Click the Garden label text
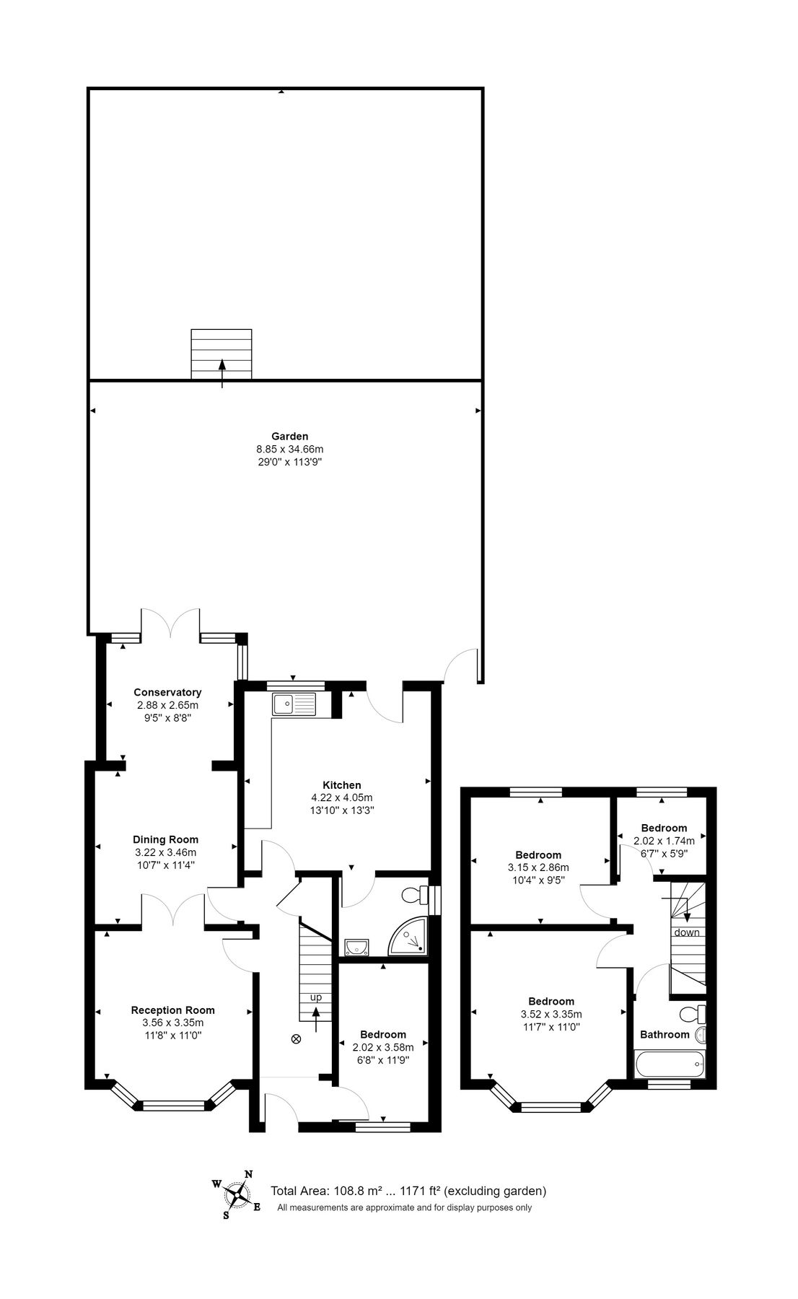point(289,436)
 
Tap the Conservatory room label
point(167,692)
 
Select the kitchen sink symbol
point(294,704)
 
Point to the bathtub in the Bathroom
point(669,1064)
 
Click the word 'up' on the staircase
point(316,997)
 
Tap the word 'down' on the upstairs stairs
point(687,932)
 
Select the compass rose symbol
point(237,1195)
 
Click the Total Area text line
point(408,1191)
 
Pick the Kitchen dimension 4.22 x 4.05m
point(341,797)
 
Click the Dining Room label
point(165,839)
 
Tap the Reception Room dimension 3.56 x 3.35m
point(172,1023)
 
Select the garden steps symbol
point(222,354)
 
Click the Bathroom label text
point(665,1034)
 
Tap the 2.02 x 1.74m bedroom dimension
point(664,841)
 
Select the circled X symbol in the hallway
point(295,1039)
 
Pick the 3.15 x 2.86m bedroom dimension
point(538,867)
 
